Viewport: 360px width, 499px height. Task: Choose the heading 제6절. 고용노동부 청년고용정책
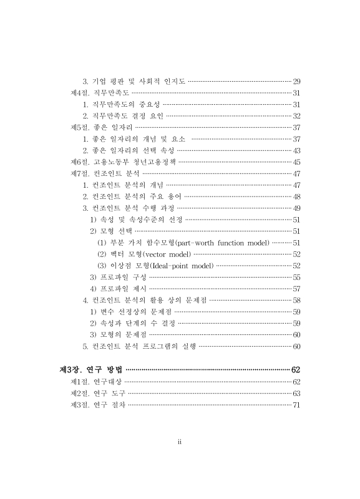(x=124, y=162)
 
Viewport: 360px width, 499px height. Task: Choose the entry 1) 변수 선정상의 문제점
(x=130, y=311)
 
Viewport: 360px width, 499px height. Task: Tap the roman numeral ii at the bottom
(x=180, y=442)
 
